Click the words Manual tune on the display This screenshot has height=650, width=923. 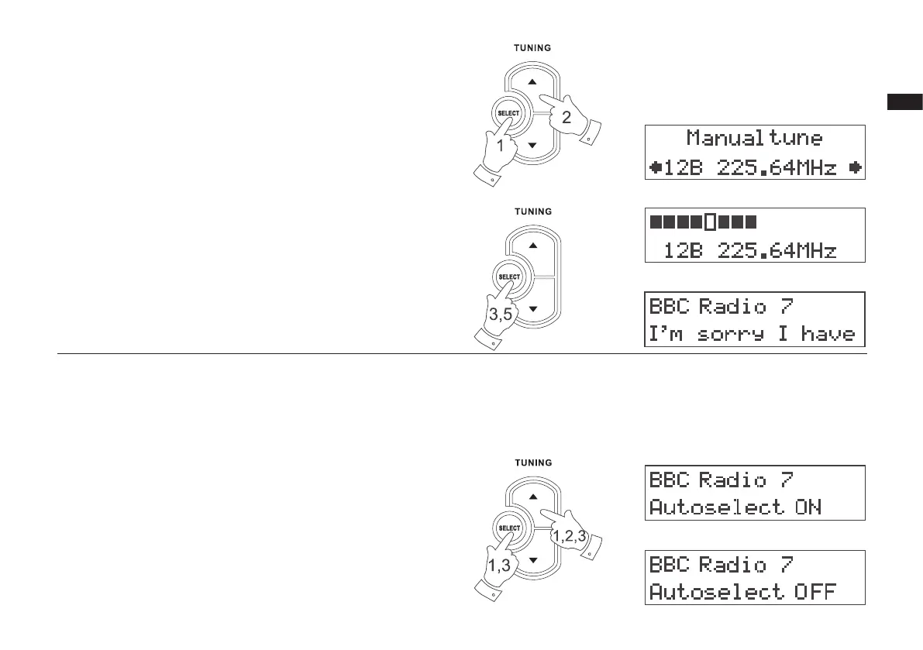coord(754,139)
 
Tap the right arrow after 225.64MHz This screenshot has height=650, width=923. coord(854,167)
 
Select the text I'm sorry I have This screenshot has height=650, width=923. coord(752,334)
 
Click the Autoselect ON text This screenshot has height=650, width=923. coord(735,507)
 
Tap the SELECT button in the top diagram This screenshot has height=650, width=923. coord(509,114)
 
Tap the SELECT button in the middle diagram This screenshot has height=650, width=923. coord(509,277)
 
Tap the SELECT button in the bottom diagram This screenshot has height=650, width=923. coord(509,528)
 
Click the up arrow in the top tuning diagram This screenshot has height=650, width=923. coord(532,82)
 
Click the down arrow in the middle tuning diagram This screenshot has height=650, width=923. coord(532,309)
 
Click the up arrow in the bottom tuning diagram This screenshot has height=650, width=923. coord(532,497)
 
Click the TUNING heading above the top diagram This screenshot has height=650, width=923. coord(532,48)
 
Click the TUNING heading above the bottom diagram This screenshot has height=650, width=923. coord(532,463)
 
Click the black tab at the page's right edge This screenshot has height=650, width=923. coord(904,101)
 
